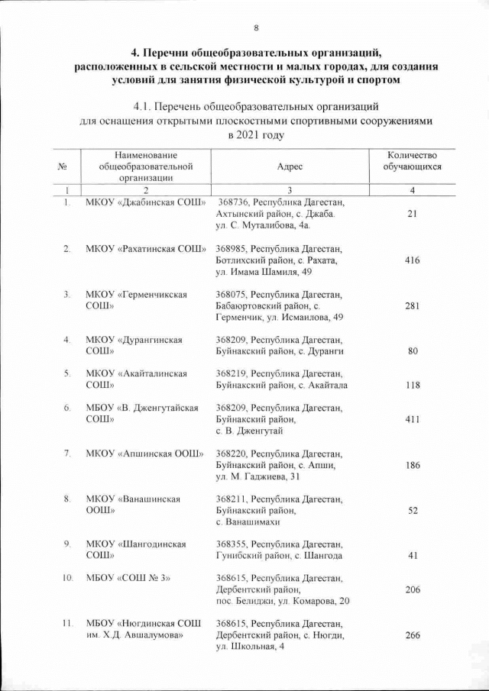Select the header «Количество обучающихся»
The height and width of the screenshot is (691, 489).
412,160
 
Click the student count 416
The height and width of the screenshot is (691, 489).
412,260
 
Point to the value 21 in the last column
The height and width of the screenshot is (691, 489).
412,215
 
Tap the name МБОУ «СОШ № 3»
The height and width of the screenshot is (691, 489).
128,578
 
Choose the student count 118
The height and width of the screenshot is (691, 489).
412,385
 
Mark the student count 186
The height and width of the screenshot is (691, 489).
412,464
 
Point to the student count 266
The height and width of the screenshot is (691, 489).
412,634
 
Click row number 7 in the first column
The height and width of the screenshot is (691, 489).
67,454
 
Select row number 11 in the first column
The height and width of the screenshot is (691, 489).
66,624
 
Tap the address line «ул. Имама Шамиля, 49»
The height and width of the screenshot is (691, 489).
264,272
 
